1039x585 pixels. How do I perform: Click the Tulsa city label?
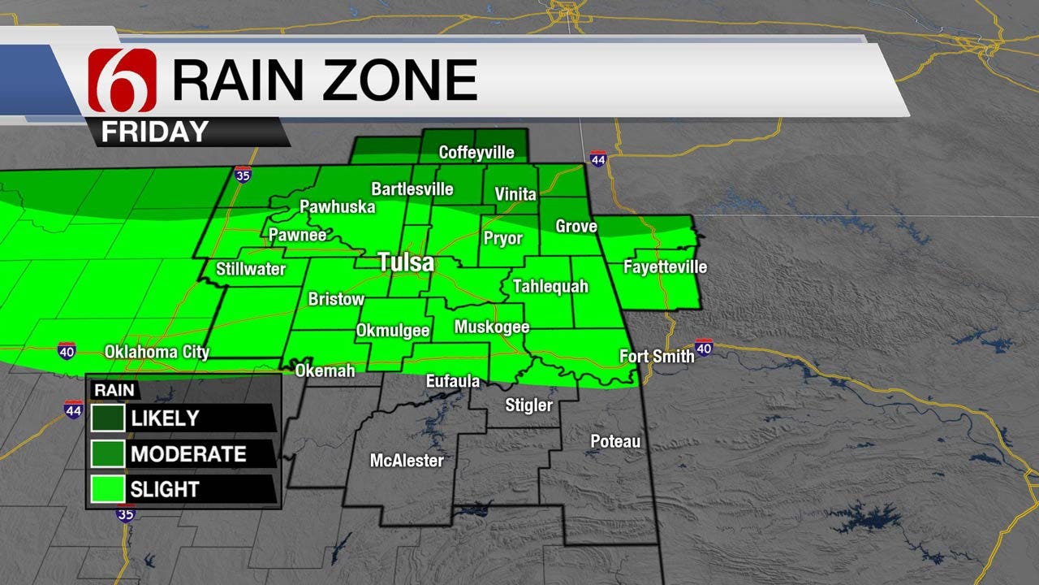click(x=406, y=263)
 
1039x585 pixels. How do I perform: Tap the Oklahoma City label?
click(x=157, y=353)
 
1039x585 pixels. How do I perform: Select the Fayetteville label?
click(x=665, y=266)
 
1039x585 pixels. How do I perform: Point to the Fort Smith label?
click(x=657, y=356)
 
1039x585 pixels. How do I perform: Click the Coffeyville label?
click(x=476, y=153)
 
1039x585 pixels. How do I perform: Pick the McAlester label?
click(x=407, y=461)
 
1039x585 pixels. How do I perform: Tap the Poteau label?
click(x=615, y=441)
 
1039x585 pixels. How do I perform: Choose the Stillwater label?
click(x=251, y=269)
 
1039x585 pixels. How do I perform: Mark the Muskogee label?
click(x=492, y=327)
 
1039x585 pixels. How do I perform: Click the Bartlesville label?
click(x=412, y=189)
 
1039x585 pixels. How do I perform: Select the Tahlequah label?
click(x=550, y=287)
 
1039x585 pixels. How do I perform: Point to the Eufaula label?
click(x=453, y=381)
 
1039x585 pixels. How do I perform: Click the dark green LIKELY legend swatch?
click(x=108, y=418)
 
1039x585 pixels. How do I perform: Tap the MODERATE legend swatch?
click(x=108, y=453)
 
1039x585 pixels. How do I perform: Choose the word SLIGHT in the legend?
click(x=165, y=489)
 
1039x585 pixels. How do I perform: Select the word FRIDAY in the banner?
click(x=155, y=132)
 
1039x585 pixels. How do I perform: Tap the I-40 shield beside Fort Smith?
click(x=704, y=348)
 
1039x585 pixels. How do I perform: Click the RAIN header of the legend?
click(x=114, y=390)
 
